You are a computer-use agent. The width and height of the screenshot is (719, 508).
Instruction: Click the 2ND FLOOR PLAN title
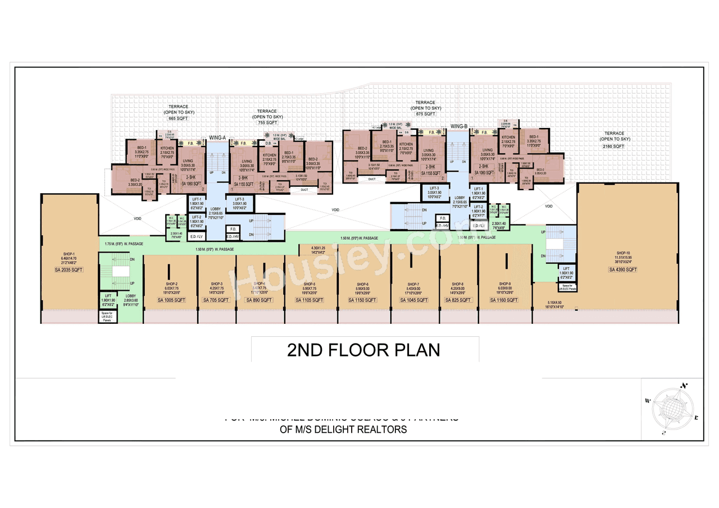pos(363,350)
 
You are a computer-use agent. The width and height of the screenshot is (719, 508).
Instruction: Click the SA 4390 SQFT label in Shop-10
pos(623,270)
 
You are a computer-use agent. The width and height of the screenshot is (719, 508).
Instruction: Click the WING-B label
pos(458,127)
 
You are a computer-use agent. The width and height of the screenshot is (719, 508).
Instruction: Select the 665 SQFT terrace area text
pos(178,119)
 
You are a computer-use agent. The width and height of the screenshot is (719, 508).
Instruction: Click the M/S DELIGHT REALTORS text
pos(343,430)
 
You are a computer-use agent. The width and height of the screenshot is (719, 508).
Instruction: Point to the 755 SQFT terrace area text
pos(267,122)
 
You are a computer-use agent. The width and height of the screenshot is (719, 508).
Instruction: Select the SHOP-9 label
pos(504,284)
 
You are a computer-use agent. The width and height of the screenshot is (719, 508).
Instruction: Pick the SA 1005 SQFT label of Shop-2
pos(172,300)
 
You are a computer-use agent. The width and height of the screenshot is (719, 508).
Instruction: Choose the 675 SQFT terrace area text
pos(425,114)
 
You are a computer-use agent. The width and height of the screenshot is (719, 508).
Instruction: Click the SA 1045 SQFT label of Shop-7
pos(413,300)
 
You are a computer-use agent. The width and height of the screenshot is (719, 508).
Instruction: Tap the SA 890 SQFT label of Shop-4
pos(260,300)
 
